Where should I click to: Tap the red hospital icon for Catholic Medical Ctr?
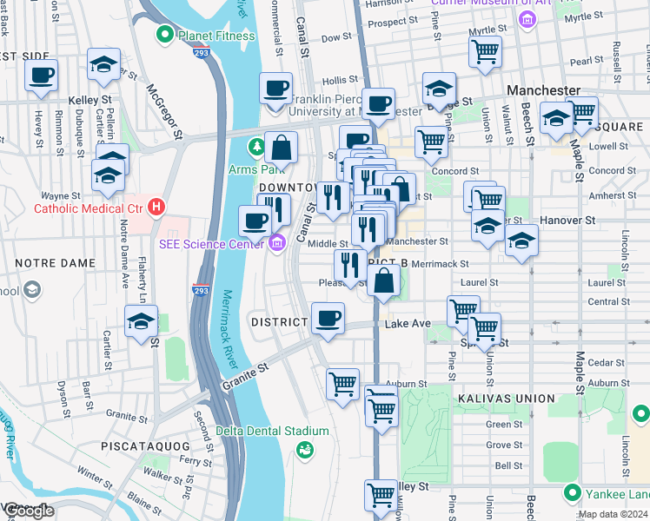pyautogui.click(x=156, y=208)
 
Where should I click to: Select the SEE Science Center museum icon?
pyautogui.click(x=277, y=243)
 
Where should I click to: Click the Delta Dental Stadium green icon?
pyautogui.click(x=304, y=448)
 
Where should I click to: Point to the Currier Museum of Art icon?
pyautogui.click(x=525, y=19)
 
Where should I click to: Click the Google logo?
pyautogui.click(x=29, y=511)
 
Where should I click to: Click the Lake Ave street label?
pyautogui.click(x=408, y=324)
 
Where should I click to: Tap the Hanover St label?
pyautogui.click(x=567, y=221)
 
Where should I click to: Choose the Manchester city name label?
pyautogui.click(x=544, y=90)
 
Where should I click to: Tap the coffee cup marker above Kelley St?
pyautogui.click(x=41, y=76)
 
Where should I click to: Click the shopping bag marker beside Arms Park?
pyautogui.click(x=281, y=148)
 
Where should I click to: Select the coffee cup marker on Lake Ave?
pyautogui.click(x=327, y=319)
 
